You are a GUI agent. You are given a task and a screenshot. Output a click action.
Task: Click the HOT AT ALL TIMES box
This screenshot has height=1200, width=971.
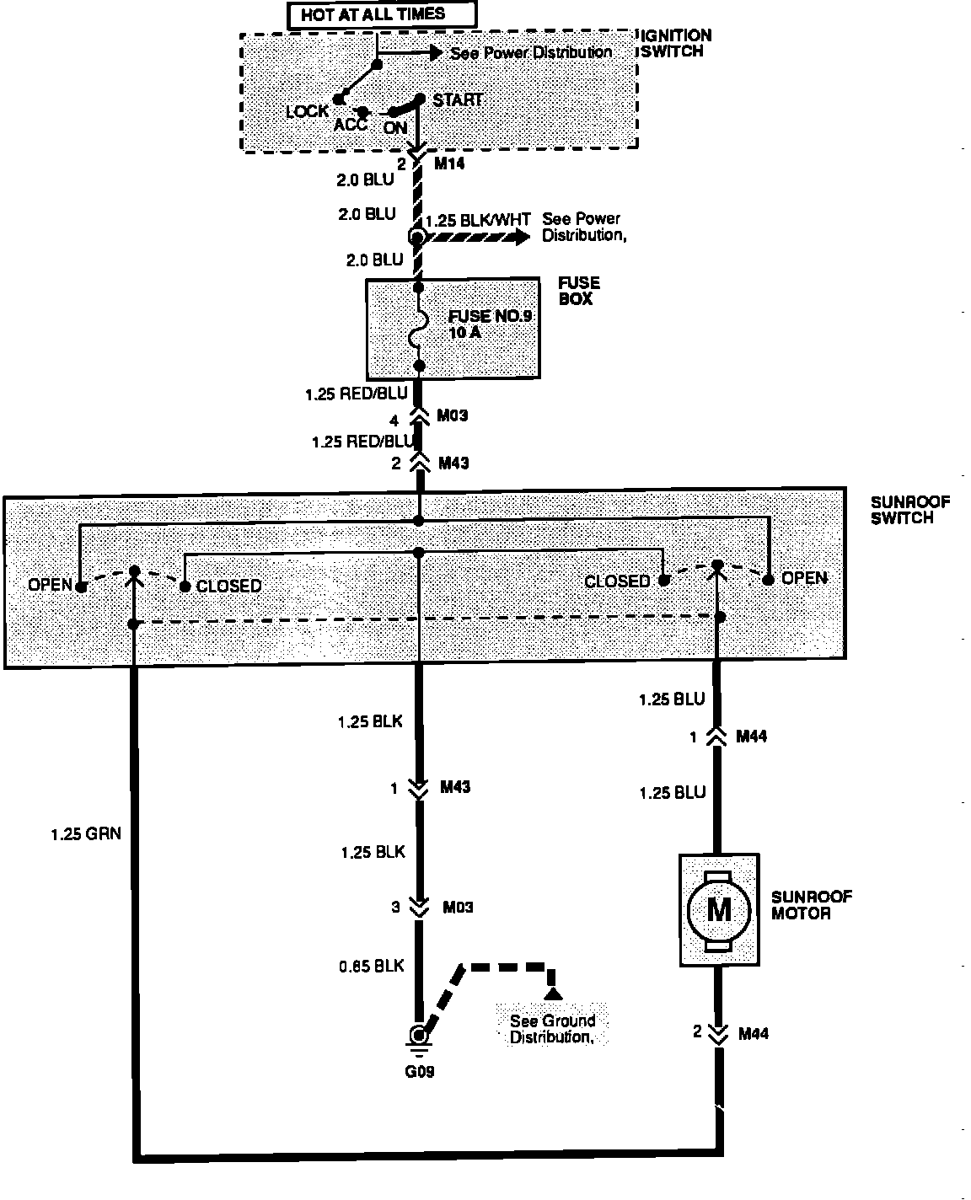coord(381,14)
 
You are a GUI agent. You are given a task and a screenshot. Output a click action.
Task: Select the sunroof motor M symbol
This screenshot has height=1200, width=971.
coord(718,909)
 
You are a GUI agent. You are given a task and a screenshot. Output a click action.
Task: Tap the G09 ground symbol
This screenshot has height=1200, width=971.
coord(418,1038)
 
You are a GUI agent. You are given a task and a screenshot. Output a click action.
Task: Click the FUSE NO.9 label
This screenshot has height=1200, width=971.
coord(480,317)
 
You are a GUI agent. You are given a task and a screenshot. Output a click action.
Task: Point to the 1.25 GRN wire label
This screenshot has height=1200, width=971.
coord(85,834)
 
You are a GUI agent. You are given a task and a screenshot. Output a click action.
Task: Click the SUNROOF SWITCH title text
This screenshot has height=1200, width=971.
coord(909,511)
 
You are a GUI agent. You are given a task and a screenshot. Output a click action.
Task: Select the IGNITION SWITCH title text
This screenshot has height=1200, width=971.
coord(676,43)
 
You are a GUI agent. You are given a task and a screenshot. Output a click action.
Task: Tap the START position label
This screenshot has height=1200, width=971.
coord(458,99)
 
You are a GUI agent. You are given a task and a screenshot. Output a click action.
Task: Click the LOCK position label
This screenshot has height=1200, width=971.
coord(307,111)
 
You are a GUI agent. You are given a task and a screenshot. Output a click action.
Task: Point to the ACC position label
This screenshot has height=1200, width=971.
coord(351,125)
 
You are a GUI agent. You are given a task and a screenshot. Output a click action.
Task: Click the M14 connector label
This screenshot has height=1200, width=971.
coord(449,164)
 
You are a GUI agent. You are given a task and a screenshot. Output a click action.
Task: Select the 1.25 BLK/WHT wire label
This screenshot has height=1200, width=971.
coord(478,221)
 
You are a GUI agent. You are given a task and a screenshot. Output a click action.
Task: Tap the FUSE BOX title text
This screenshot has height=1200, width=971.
coord(578,291)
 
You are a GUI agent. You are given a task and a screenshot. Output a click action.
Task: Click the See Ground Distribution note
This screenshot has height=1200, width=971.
coord(551,1029)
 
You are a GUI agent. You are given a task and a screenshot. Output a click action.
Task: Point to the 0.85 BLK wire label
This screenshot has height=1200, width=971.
coord(372,966)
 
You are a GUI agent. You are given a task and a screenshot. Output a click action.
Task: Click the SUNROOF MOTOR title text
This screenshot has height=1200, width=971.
coord(811,905)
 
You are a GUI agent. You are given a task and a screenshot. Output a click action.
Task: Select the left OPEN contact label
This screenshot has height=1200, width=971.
coord(50,584)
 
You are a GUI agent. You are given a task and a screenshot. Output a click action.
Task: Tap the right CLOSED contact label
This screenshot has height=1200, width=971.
coord(617,581)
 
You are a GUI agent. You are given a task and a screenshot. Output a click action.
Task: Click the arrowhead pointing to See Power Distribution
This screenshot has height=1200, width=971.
coord(436,53)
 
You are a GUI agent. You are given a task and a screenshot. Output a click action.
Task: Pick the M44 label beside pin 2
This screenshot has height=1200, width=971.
coord(753,1033)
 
